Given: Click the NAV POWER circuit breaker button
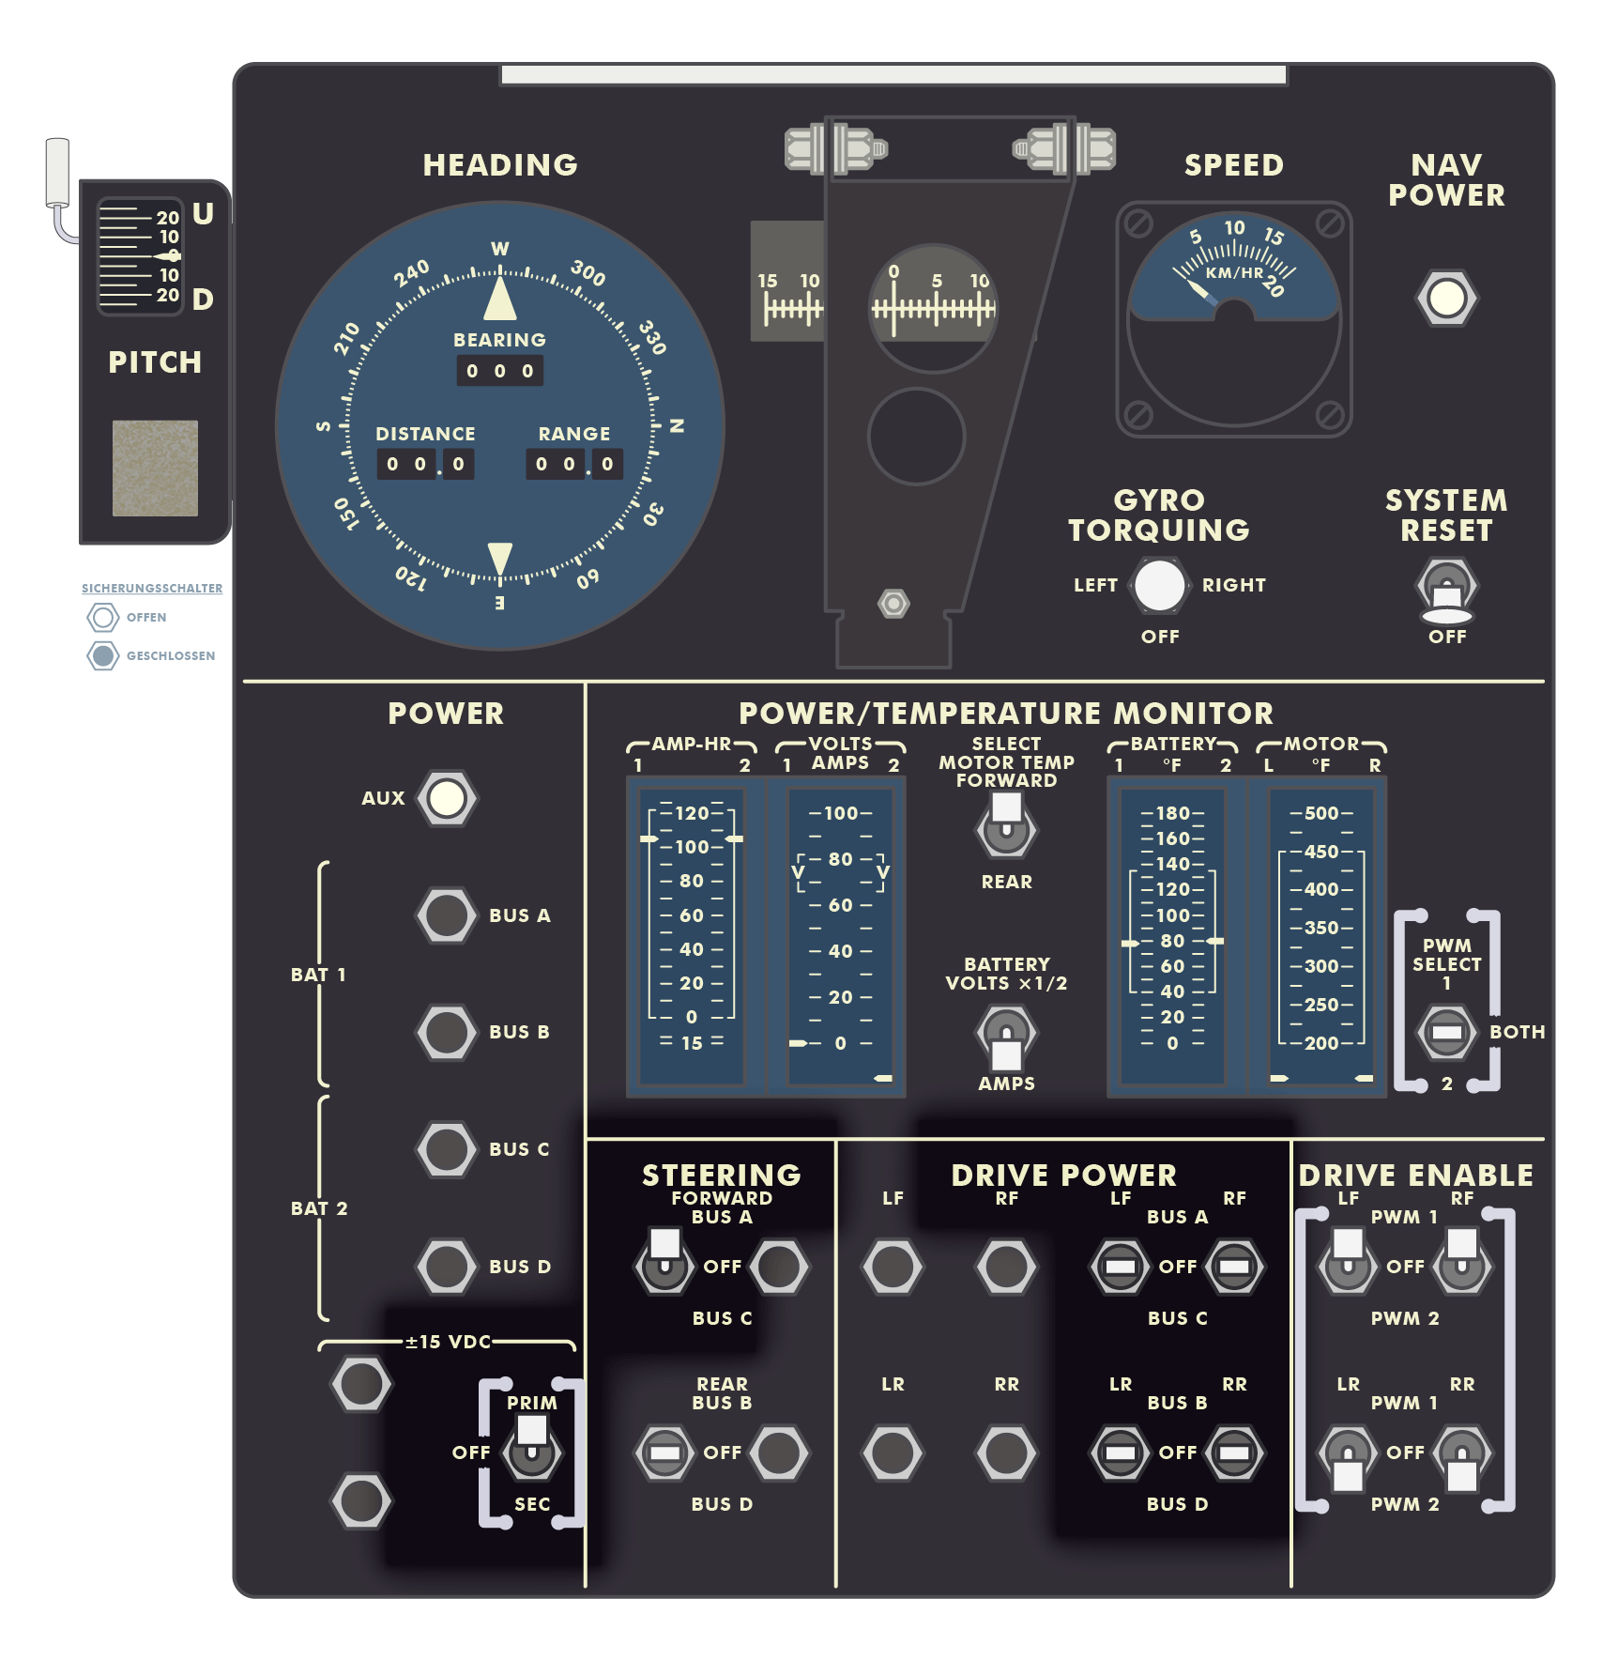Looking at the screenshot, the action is click(1446, 299).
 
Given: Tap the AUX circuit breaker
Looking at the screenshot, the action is click(447, 798).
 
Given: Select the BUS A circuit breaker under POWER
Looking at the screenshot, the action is click(447, 915).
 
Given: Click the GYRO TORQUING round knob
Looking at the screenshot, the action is click(1160, 585).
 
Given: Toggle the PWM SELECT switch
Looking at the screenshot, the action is click(1446, 1032).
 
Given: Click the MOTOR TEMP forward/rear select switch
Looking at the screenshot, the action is click(1006, 823).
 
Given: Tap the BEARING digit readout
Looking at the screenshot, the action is click(499, 371).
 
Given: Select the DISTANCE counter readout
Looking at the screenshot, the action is click(425, 464).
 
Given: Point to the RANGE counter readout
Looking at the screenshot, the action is click(574, 464).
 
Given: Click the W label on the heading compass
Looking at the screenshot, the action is click(500, 249).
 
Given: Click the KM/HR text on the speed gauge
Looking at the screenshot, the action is click(1234, 273).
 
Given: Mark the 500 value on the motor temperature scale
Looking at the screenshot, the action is click(1321, 813).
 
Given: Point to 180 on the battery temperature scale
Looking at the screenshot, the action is click(1173, 813).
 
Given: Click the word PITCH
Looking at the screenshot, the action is click(155, 362).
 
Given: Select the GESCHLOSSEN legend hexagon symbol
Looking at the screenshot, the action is click(103, 655).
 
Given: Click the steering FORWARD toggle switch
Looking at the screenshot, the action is click(665, 1259).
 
